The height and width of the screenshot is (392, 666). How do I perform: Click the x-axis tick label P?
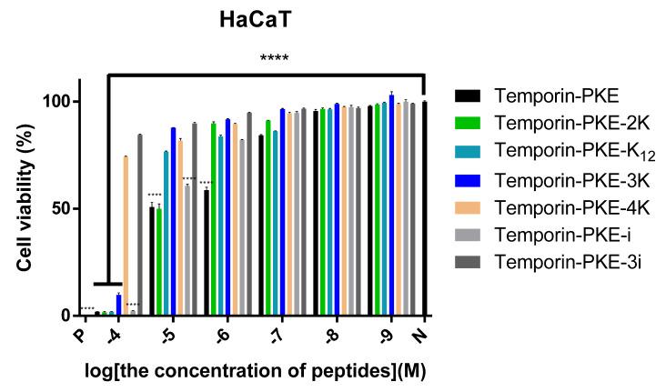pos(84,336)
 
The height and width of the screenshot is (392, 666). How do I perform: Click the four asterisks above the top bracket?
pos(272,60)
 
